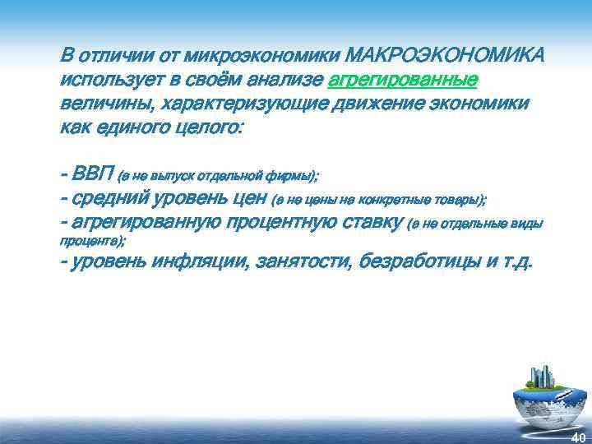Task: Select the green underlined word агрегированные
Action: pos(403,81)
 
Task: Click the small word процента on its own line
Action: pos(90,241)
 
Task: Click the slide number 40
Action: pos(578,437)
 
